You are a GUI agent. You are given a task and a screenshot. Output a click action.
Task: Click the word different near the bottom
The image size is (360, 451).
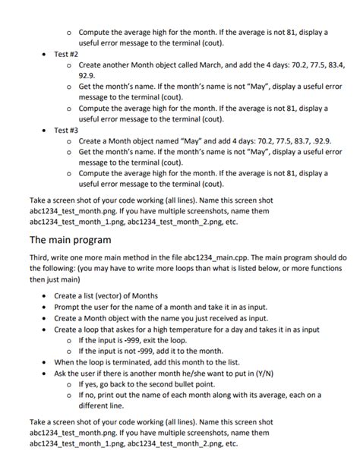coord(99,406)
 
